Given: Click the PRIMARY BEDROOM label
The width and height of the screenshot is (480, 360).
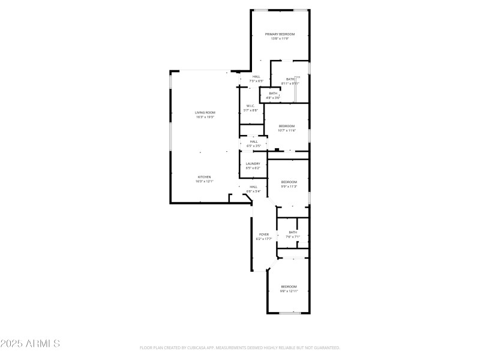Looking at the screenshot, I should [280, 34].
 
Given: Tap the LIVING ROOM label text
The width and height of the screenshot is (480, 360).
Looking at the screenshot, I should [205, 113].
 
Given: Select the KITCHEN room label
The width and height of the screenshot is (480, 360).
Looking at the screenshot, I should [205, 177].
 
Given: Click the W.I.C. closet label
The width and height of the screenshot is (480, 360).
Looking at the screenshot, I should [251, 106].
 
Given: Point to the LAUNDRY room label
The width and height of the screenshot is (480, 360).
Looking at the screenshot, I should [253, 164].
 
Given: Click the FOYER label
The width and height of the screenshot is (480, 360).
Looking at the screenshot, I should [264, 235].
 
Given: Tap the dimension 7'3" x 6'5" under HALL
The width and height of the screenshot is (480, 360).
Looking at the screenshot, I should [256, 81].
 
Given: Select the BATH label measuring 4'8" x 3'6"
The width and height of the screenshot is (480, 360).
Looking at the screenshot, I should [273, 93].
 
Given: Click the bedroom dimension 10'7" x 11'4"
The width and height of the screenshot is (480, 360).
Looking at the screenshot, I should [287, 130].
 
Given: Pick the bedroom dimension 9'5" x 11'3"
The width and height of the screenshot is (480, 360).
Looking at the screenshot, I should [289, 187].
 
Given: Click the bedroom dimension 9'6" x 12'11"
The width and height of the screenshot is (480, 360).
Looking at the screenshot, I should [289, 291].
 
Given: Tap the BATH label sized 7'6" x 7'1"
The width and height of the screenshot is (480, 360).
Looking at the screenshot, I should [293, 232].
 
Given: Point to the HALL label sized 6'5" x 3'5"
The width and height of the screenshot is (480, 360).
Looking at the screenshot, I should [254, 142].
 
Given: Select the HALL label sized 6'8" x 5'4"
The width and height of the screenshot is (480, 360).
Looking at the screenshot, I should [254, 187].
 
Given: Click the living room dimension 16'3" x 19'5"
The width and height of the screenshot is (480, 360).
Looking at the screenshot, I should [205, 117].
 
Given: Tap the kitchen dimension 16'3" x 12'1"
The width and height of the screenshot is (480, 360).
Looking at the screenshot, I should [205, 181].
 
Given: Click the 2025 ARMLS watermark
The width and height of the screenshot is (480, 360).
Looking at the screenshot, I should [30, 344].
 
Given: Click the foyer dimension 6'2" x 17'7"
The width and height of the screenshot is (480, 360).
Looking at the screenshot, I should [264, 239].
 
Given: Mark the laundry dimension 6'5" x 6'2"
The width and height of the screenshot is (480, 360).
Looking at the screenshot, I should [253, 168].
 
